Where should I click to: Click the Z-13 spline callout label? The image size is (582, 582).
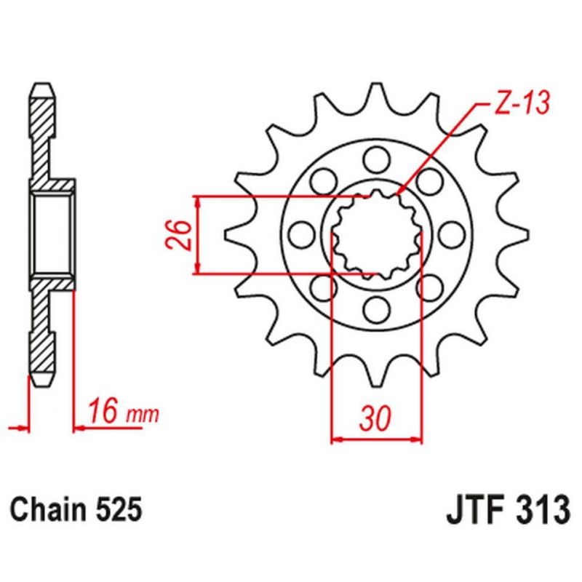click(x=522, y=103)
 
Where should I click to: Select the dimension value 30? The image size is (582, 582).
click(x=375, y=418)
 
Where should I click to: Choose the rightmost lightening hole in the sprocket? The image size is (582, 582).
click(x=451, y=235)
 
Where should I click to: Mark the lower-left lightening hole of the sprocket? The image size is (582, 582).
click(x=323, y=288)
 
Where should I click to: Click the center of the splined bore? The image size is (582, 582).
click(x=376, y=235)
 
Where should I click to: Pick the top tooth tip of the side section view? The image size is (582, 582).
click(x=43, y=92)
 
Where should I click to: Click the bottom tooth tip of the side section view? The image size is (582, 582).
click(x=43, y=379)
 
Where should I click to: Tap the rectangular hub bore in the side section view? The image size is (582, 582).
click(x=52, y=234)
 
